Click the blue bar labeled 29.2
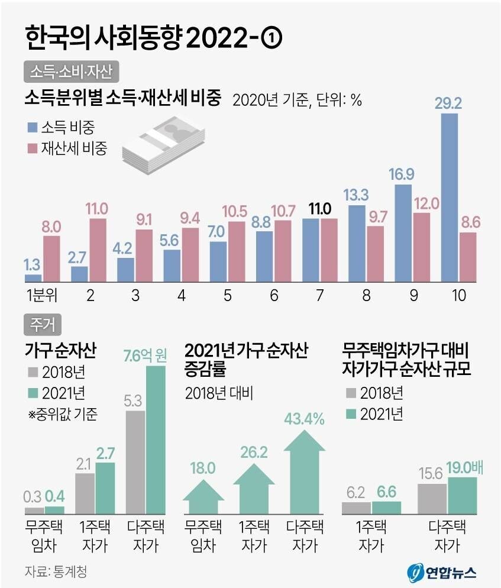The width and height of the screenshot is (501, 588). [x=450, y=198]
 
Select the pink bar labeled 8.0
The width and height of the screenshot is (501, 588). [x=51, y=259]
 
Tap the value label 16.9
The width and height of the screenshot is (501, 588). [x=403, y=175]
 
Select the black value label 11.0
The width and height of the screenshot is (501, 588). [x=320, y=208]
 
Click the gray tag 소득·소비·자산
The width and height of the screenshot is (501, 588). [x=72, y=72]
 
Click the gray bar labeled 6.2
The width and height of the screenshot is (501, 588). [x=357, y=507]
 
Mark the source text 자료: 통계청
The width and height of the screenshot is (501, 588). [x=59, y=571]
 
